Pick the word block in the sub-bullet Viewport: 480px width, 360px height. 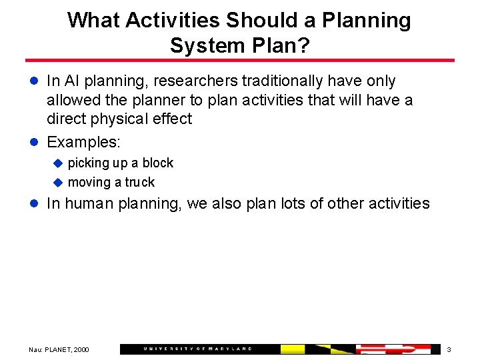click(x=157, y=163)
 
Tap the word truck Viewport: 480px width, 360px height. click(x=139, y=183)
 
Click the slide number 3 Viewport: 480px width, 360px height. click(x=449, y=349)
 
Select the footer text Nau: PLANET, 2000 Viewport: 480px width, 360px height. click(x=59, y=349)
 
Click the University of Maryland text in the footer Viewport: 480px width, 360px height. click(x=197, y=349)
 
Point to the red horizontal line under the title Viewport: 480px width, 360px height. click(x=240, y=60)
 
